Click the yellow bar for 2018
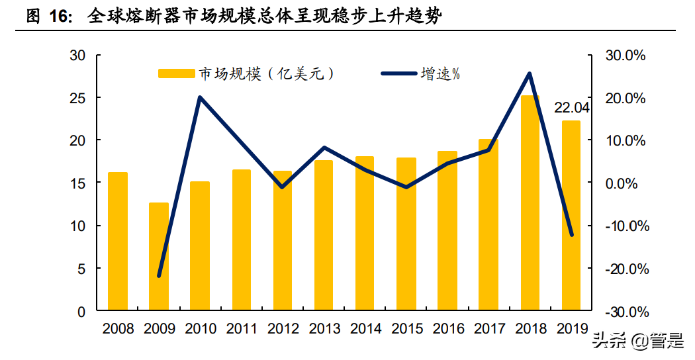[530, 202]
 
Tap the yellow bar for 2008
[117, 242]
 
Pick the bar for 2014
[365, 233]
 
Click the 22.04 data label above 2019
[571, 108]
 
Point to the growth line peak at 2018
[530, 73]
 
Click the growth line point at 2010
[200, 98]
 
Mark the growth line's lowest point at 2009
[159, 275]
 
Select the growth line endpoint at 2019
[571, 234]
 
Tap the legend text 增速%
[440, 74]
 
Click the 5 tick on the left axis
[81, 269]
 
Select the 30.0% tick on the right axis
[625, 56]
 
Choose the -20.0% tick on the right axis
[625, 269]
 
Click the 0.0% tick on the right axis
[625, 183]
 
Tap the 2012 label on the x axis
[283, 329]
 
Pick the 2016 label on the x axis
[447, 329]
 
